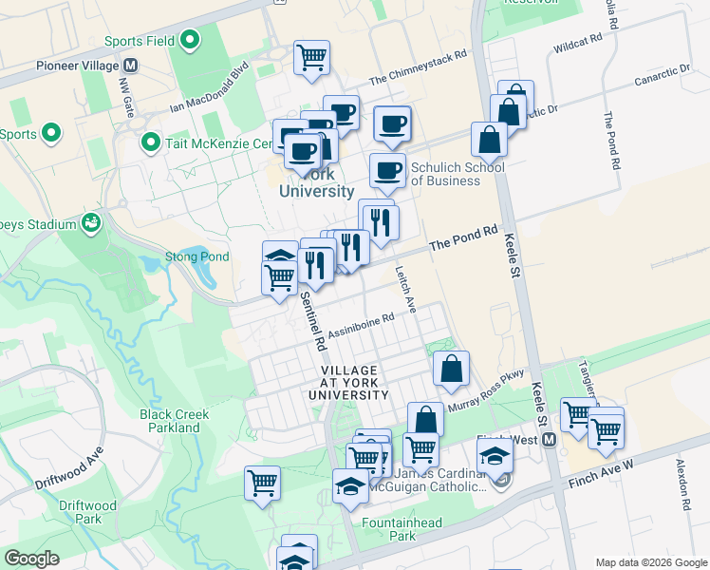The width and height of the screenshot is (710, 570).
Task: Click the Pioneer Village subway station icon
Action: [x=130, y=66]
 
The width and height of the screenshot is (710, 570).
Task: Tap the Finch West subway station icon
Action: [x=549, y=440]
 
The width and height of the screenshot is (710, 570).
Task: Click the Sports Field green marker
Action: [x=190, y=41]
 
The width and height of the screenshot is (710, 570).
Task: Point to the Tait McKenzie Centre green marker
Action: [x=149, y=143]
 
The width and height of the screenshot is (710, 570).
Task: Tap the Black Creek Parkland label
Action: [x=175, y=421]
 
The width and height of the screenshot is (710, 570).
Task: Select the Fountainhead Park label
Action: [x=389, y=529]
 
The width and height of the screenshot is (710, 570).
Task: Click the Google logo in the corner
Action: [x=31, y=559]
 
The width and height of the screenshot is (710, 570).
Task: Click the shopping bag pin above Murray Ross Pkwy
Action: [x=451, y=370]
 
